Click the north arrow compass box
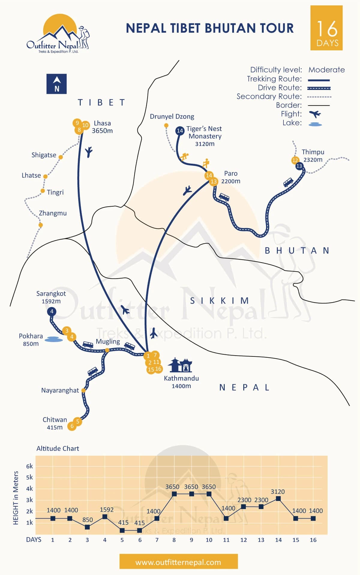click(56, 84)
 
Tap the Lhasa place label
click(102, 123)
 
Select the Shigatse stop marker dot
click(61, 157)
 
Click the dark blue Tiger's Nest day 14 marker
click(180, 131)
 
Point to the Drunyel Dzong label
click(172, 116)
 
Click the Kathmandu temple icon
click(180, 365)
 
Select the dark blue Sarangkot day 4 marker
click(52, 311)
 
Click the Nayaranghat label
click(60, 390)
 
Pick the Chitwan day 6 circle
click(72, 426)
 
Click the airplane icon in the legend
click(315, 114)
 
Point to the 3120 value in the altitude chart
click(277, 492)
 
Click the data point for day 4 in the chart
click(105, 517)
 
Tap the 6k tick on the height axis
click(29, 466)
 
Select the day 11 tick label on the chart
click(226, 540)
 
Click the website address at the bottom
click(178, 562)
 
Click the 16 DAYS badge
click(326, 28)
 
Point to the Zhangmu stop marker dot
click(40, 225)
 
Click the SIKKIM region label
click(219, 301)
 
